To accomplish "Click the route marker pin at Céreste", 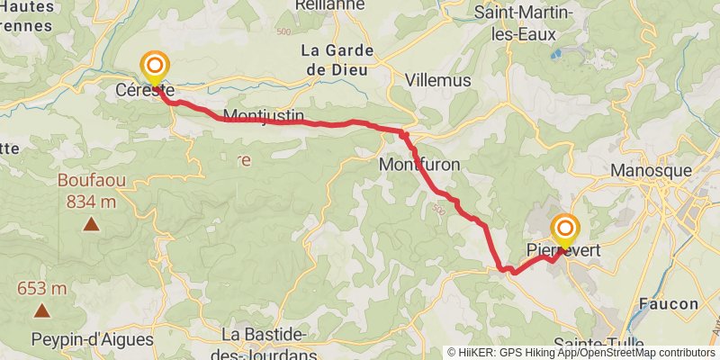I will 156,66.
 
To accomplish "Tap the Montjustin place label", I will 263,116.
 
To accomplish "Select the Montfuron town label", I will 419,165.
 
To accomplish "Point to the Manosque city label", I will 651,169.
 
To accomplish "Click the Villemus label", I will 438,80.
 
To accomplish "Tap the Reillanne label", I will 329,5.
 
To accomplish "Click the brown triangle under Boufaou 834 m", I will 91,223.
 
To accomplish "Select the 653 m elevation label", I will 42,289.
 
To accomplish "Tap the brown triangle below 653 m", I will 41,310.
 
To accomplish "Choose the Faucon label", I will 669,303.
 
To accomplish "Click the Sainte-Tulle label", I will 591,345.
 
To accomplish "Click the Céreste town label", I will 145,90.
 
